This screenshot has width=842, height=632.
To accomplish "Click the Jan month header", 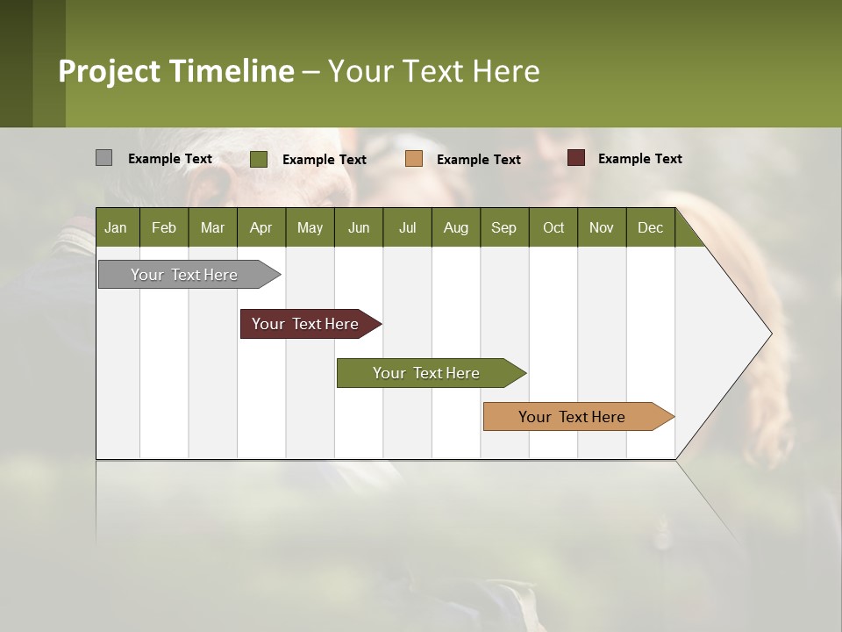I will click(116, 227).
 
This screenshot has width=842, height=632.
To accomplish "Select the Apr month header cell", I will click(260, 227).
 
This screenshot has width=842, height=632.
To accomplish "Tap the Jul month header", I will click(407, 227).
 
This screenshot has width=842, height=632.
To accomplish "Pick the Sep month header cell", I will click(503, 227).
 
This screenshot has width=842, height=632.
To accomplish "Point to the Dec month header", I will click(650, 227).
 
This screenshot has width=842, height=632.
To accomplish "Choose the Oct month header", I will click(553, 227).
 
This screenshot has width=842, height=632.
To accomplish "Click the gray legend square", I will click(103, 158).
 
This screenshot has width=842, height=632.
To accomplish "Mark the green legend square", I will click(258, 159).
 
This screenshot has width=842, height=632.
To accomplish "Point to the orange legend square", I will click(414, 159).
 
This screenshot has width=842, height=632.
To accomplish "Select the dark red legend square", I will click(575, 158).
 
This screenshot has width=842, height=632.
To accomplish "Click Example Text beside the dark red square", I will click(639, 159).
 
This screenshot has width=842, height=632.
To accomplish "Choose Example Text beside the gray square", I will click(169, 159).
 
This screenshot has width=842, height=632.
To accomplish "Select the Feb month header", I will click(164, 227).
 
